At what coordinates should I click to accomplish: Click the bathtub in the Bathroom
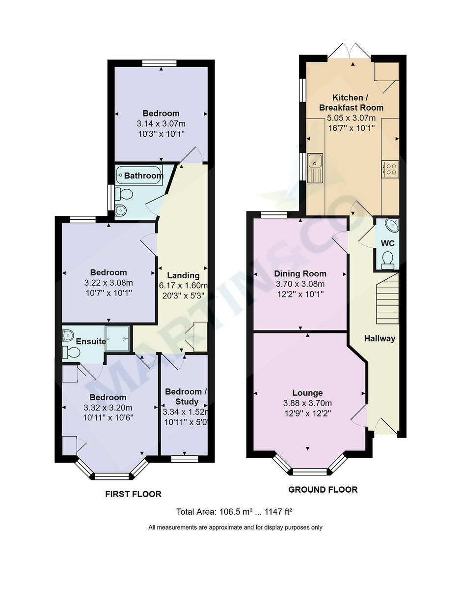click(x=139, y=176)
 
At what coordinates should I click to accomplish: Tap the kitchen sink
click(x=314, y=168)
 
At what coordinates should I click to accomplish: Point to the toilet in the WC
click(x=388, y=259)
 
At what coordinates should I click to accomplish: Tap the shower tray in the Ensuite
click(x=118, y=338)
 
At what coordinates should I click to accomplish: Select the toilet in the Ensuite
click(x=71, y=352)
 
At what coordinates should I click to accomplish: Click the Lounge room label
click(x=307, y=393)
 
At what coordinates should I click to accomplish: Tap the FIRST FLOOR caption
click(x=133, y=494)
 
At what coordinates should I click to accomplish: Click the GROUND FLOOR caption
click(x=323, y=489)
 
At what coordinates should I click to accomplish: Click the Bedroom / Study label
click(x=186, y=396)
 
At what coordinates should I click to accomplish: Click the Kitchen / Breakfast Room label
click(x=352, y=102)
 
